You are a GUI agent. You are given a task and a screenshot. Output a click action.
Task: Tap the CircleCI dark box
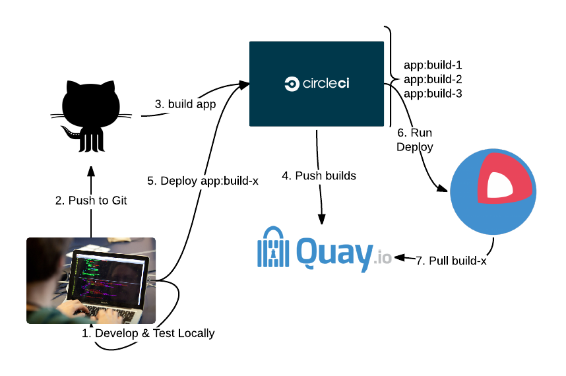317,84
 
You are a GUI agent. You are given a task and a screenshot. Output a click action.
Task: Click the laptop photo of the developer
91,280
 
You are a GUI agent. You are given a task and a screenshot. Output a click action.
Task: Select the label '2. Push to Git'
91,201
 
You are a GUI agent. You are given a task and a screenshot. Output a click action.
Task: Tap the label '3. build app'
185,104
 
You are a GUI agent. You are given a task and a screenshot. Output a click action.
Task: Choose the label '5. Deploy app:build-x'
203,181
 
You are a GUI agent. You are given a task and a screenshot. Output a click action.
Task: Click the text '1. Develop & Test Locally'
148,333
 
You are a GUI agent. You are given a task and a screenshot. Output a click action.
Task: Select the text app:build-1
433,65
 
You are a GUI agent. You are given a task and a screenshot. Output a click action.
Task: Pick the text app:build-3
433,94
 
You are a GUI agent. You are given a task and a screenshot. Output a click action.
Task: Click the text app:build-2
433,79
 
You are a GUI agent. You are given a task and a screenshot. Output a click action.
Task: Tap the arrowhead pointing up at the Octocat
91,171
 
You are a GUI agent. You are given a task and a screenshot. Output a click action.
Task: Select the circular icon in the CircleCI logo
291,84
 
